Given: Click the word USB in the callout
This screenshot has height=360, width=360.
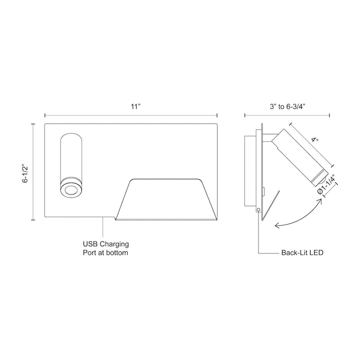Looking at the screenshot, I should (90, 244).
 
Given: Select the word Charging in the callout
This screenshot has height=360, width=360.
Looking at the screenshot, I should (114, 244).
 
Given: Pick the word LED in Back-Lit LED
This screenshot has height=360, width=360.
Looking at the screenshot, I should (316, 253).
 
